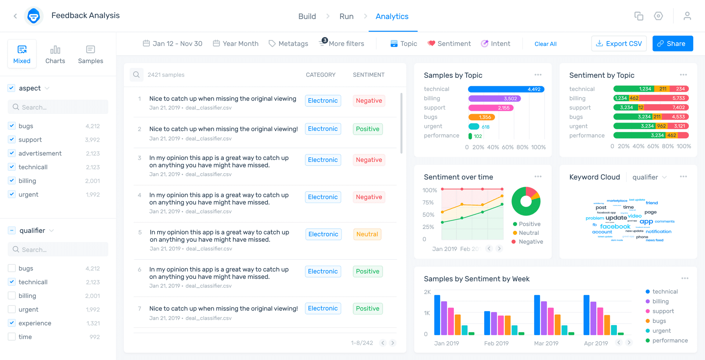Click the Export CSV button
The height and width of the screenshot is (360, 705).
point(619,44)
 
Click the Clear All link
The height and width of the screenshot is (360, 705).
point(545,44)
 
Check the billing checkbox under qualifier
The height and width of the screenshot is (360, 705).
point(12,296)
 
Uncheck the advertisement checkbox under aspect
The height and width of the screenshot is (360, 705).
point(12,153)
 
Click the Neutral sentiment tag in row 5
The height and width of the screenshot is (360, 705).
point(367,234)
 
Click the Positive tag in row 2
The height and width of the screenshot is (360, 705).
point(367,129)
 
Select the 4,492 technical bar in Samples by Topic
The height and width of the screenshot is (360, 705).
point(506,89)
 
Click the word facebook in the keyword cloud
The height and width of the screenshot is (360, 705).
point(615,226)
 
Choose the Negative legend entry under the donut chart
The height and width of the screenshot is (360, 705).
point(530,242)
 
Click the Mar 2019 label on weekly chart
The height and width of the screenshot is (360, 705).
point(546,343)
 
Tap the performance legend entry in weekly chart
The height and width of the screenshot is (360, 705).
point(669,341)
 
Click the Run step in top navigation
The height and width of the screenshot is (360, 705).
point(346,17)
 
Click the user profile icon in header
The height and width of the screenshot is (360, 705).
point(687,16)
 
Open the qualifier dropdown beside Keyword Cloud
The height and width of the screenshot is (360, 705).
point(649,177)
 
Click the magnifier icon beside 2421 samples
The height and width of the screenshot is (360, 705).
point(136,75)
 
